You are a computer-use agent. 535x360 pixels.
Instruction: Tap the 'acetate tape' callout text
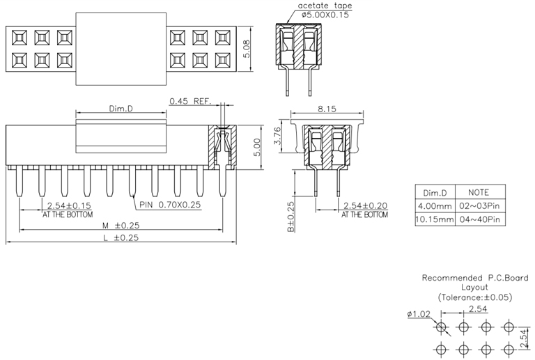(x=325, y=6)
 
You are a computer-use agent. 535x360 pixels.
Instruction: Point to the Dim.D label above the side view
(x=122, y=109)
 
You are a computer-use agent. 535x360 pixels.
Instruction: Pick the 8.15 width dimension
(x=327, y=109)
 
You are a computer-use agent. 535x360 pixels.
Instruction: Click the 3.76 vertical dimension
(x=278, y=136)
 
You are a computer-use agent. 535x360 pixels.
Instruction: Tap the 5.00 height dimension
(x=256, y=146)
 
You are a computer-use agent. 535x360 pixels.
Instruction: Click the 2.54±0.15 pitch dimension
(x=69, y=205)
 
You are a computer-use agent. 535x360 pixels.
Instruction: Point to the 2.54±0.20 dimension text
(x=366, y=206)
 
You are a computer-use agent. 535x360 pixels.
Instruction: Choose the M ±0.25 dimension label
(x=120, y=226)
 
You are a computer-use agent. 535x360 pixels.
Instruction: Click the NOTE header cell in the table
(x=478, y=193)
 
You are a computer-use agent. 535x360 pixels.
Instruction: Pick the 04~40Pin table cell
(x=478, y=220)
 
